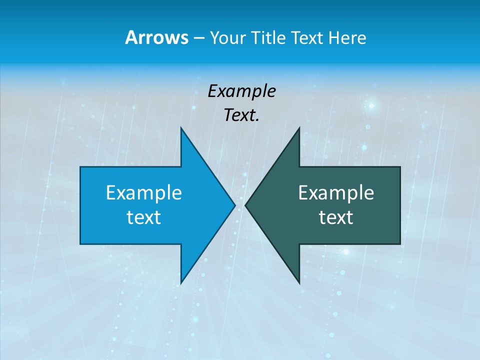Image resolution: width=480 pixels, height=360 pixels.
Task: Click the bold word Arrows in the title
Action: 156,37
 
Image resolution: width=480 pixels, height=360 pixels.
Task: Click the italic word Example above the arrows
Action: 242,91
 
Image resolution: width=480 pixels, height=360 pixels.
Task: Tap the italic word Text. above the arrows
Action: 242,115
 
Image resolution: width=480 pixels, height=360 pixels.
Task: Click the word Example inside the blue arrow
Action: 144,193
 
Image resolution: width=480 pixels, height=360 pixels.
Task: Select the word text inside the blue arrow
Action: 144,217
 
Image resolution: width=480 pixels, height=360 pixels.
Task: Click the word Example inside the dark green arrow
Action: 336,193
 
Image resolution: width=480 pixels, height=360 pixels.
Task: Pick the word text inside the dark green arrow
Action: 336,217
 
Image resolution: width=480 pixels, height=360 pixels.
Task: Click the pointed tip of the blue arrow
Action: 234,205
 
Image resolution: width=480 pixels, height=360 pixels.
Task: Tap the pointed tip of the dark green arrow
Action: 245,205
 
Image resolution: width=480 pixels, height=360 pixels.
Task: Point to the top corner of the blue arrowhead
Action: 181,128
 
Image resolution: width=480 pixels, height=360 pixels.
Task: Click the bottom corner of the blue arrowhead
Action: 181,283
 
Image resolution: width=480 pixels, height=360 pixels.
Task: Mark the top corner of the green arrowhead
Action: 299,128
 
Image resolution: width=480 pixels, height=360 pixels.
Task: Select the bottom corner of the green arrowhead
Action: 299,283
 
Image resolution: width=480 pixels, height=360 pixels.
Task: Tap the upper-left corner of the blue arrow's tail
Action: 80,167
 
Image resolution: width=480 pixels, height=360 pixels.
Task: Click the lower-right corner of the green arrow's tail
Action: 399,243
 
